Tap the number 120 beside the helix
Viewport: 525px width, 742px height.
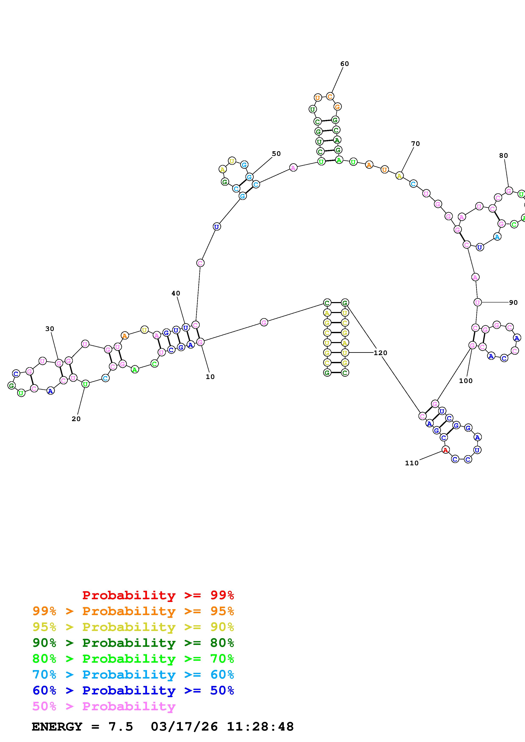click(x=380, y=353)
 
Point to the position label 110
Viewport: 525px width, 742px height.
click(x=412, y=463)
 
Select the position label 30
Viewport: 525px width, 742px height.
click(x=50, y=329)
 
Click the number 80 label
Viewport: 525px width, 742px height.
click(x=504, y=156)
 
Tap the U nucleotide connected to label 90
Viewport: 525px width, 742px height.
click(x=477, y=302)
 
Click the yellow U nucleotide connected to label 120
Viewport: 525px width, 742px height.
click(x=345, y=353)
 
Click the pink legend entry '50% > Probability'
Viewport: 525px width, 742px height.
click(x=104, y=706)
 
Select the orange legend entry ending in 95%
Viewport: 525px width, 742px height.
click(x=133, y=611)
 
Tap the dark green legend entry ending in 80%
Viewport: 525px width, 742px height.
click(x=133, y=643)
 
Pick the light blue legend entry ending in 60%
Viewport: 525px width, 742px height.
click(x=133, y=675)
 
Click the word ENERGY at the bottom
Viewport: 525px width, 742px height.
click(x=57, y=727)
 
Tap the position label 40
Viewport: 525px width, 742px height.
click(x=176, y=293)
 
